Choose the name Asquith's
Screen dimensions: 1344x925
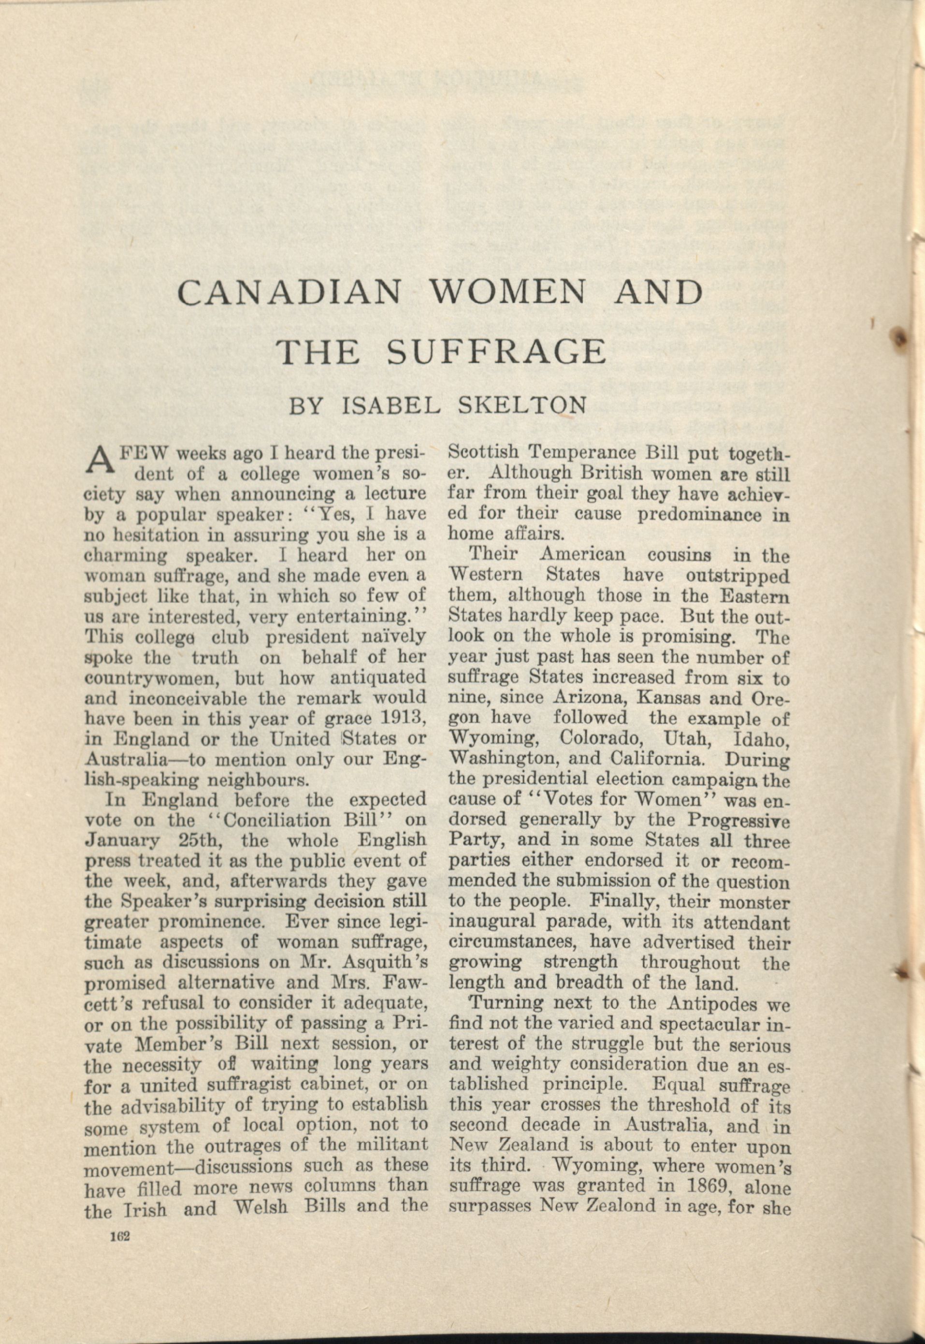pyautogui.click(x=388, y=963)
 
